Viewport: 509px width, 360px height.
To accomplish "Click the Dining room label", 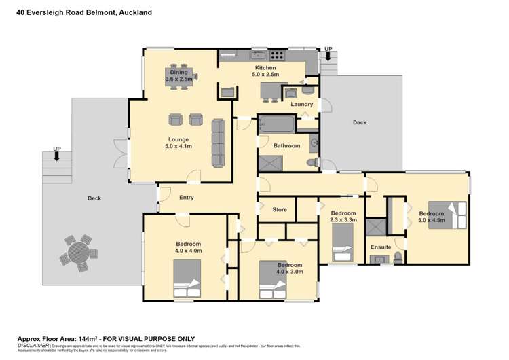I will tap(179, 72).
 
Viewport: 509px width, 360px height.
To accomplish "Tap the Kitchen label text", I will tap(265, 68).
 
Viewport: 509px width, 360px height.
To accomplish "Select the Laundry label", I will tap(302, 105).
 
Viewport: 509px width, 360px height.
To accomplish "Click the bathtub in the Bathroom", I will tap(277, 124).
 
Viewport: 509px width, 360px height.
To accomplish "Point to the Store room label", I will tap(280, 209).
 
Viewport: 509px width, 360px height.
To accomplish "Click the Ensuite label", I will tap(381, 246).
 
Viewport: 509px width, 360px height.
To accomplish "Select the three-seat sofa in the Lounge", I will tap(218, 142).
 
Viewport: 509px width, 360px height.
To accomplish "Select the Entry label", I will tap(187, 198).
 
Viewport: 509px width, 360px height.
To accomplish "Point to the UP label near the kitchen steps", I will tap(328, 49).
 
